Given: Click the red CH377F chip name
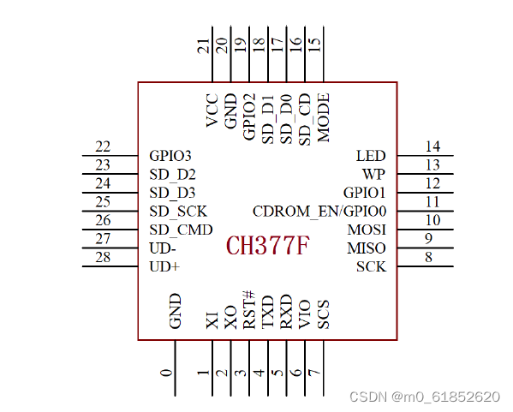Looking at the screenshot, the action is click(267, 246).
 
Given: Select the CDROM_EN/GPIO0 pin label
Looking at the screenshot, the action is click(319, 212).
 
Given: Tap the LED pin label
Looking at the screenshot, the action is click(371, 156).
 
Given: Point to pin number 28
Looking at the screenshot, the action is click(103, 257).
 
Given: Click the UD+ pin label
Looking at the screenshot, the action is click(164, 266).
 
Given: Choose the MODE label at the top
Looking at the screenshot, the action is click(324, 117).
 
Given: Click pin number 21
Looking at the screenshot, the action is click(203, 45).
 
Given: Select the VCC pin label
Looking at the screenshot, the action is click(212, 110).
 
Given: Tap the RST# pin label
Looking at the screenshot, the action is click(249, 309).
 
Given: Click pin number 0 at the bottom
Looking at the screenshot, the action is click(166, 373).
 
